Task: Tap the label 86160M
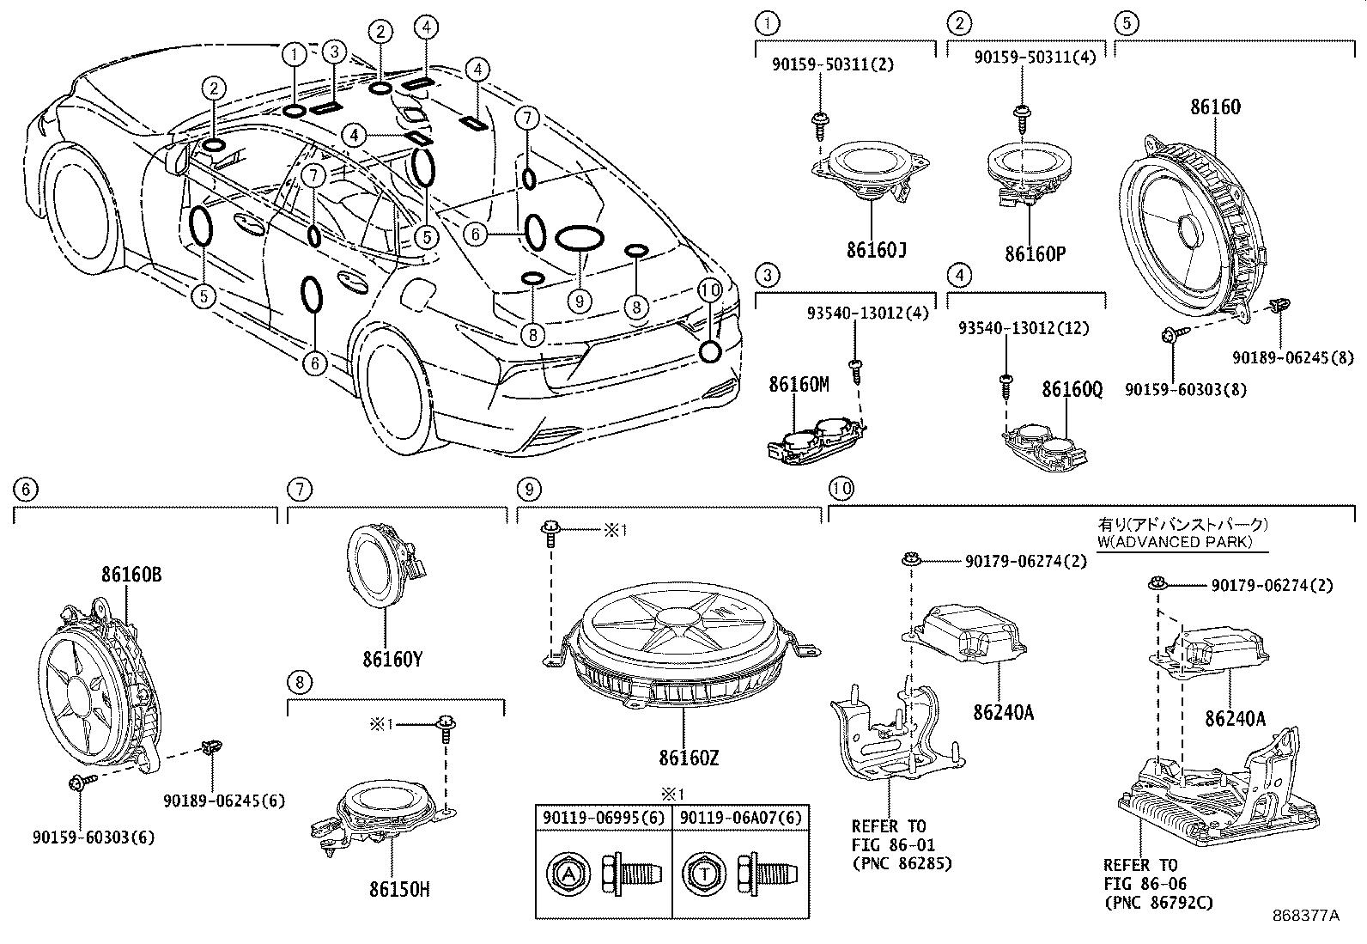(x=799, y=385)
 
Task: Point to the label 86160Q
(x=1072, y=390)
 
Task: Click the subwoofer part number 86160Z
(x=689, y=758)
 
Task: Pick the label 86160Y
(x=392, y=660)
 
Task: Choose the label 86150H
(x=396, y=890)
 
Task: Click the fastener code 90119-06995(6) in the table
(x=604, y=818)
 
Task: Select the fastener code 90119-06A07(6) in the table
(x=740, y=818)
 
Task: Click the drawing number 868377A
(x=1305, y=916)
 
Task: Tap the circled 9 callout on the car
(x=580, y=300)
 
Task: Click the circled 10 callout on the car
(x=709, y=290)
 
